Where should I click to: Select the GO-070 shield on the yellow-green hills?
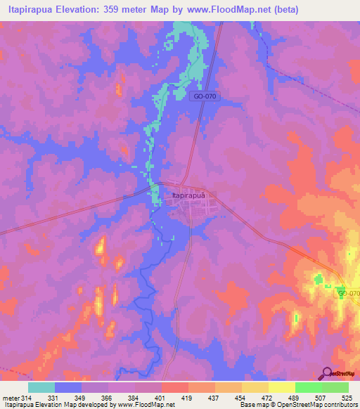point(347,292)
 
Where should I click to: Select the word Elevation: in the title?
point(94,10)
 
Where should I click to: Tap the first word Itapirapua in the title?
point(35,10)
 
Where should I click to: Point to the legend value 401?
point(161,398)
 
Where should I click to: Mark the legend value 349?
point(81,398)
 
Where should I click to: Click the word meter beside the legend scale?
point(11,398)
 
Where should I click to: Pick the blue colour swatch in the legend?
point(67,387)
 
